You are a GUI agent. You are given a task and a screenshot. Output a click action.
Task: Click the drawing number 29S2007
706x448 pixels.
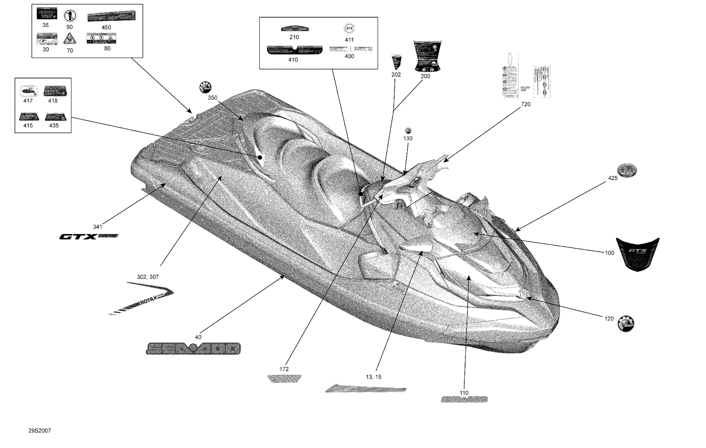click(39, 431)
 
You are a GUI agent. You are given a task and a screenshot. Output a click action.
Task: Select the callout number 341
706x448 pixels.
click(98, 227)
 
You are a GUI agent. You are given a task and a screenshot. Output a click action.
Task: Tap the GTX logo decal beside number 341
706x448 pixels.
click(88, 237)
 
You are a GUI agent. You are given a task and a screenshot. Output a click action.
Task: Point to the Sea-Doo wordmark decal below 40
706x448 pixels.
click(193, 348)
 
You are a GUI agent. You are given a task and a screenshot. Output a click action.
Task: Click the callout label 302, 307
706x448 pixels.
click(148, 277)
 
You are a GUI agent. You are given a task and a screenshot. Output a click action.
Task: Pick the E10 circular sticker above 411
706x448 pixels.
click(349, 28)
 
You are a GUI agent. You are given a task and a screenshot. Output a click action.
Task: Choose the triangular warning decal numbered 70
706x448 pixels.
click(70, 39)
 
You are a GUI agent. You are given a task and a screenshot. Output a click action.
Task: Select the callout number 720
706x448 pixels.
click(526, 104)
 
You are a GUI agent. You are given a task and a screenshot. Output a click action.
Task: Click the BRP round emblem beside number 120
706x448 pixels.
click(626, 324)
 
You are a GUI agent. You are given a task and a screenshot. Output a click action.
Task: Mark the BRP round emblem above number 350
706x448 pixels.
click(206, 87)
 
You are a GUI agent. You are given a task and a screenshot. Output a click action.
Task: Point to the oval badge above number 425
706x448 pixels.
click(627, 170)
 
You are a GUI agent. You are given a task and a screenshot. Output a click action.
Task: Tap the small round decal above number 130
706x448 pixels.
click(408, 130)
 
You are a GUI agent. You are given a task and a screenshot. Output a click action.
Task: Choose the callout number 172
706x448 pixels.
click(284, 369)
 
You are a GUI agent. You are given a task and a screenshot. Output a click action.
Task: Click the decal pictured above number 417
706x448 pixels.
click(29, 91)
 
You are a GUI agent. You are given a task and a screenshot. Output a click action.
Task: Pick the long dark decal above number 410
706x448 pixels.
click(295, 50)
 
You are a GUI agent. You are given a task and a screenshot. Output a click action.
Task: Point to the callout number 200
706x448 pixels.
click(425, 76)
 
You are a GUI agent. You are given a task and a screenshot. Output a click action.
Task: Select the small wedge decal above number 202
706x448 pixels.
click(396, 62)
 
